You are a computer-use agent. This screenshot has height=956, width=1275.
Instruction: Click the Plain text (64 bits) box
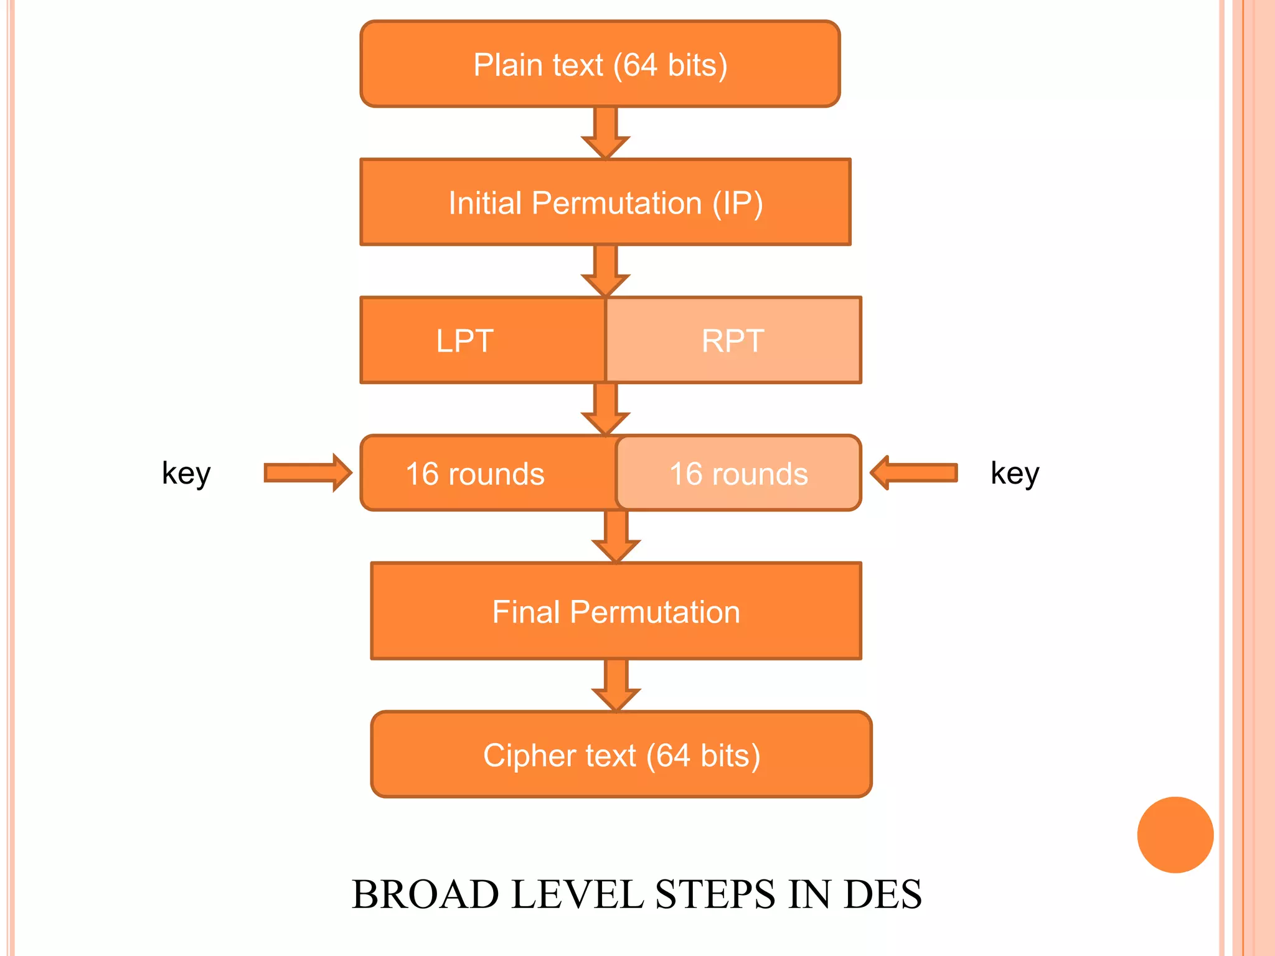point(600,64)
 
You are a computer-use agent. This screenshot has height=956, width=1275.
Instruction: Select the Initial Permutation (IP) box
point(605,202)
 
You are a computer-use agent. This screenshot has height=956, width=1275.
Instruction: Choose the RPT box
point(733,340)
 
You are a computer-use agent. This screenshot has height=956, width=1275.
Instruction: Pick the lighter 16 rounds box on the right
point(738,474)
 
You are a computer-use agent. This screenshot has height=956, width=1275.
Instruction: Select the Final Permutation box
point(616,611)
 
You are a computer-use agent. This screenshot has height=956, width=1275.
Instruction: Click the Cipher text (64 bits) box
point(621,754)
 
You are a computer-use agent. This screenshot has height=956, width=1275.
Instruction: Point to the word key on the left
point(186,473)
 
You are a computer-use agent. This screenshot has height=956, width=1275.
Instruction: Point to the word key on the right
point(1015,473)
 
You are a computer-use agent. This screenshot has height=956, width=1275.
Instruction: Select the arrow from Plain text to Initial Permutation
point(605,133)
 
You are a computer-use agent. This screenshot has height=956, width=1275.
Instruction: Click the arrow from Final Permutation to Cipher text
point(616,685)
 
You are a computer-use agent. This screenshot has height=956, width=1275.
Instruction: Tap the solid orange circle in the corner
point(1175,835)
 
